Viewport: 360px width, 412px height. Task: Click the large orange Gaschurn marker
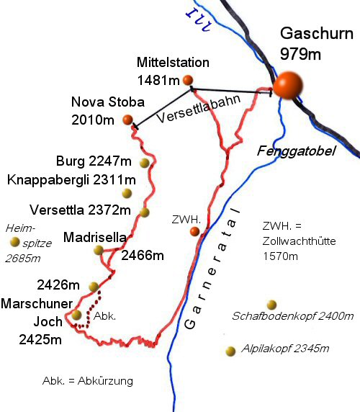289,84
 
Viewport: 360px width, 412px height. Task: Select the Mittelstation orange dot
188,79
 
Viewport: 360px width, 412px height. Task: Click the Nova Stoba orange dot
127,119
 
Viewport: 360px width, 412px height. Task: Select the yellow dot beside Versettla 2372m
145,212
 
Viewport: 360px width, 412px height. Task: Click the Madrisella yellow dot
99,250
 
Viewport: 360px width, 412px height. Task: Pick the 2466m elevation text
143,256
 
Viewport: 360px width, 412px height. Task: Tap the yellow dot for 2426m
93,287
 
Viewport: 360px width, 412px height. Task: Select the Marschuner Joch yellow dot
77,314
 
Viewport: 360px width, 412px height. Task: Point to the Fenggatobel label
288,152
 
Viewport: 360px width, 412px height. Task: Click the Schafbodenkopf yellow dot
271,305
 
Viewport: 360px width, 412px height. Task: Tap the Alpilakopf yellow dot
230,351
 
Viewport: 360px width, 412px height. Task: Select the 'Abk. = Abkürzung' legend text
88,380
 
